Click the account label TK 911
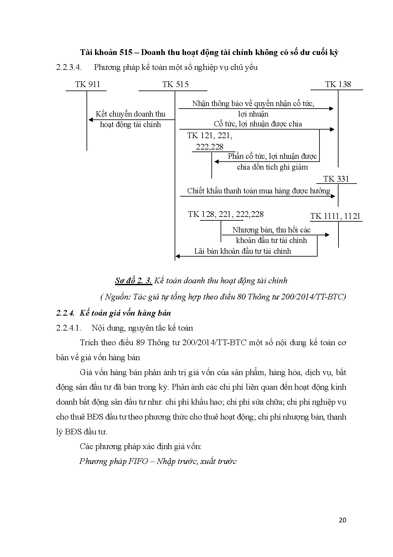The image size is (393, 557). pos(87,84)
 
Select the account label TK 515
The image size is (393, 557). pos(175,84)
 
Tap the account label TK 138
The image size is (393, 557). pos(338,84)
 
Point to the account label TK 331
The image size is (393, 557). pos(336,179)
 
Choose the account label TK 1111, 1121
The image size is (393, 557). pos(335,216)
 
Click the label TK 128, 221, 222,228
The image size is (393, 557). pos(226,214)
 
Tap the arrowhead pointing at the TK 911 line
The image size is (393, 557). pos(91,120)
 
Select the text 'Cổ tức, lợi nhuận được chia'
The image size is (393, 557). pos(258,124)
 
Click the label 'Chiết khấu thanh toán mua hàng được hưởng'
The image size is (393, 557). pos(258,191)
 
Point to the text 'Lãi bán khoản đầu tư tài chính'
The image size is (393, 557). pos(242,251)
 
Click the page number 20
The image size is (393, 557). pos(342,520)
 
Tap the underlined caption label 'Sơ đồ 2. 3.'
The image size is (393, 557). pos(133,281)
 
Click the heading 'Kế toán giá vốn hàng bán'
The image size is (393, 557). pos(125,313)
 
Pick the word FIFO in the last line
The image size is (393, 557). pos(138,461)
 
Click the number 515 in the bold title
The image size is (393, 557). pos(126,52)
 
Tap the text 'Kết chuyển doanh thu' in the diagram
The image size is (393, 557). pos(131,114)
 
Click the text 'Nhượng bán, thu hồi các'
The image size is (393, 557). pos(271,230)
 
